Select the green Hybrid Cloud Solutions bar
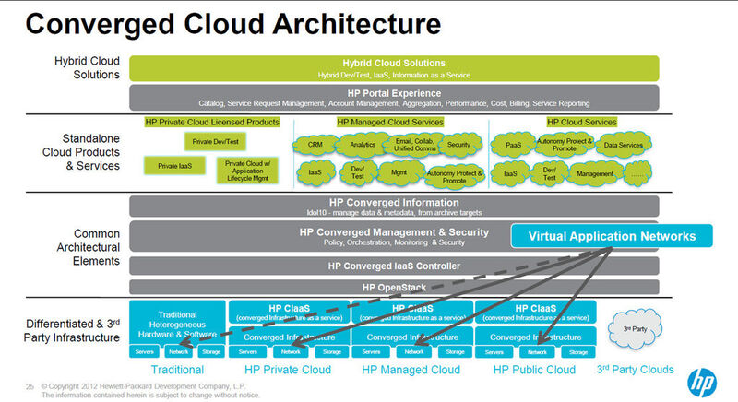click(394, 67)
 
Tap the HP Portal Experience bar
click(394, 96)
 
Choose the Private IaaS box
click(173, 166)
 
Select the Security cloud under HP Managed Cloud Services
click(458, 144)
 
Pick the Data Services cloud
click(624, 145)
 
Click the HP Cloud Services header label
click(581, 122)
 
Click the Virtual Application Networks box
click(612, 237)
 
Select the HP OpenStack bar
click(394, 288)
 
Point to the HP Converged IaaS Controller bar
click(394, 266)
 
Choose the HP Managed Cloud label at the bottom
click(411, 370)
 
